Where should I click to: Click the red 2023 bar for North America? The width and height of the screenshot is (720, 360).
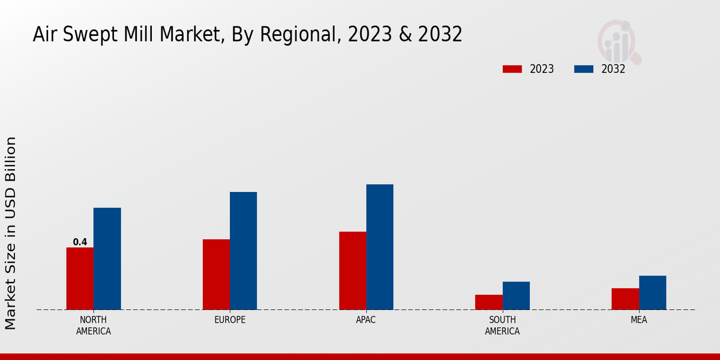click(80, 278)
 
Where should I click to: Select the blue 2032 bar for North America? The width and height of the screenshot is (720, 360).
click(107, 259)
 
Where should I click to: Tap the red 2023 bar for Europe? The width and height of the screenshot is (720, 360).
click(216, 274)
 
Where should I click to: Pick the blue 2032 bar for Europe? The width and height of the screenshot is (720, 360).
click(243, 251)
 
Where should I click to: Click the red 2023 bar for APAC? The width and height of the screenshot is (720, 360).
click(352, 271)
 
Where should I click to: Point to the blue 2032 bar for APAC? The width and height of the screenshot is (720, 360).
click(380, 247)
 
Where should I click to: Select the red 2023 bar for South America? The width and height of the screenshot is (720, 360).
click(488, 302)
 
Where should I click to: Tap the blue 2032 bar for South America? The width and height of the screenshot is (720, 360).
click(516, 295)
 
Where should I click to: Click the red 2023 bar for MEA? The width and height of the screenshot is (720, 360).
click(625, 299)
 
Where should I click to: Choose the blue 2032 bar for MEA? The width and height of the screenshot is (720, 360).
click(652, 292)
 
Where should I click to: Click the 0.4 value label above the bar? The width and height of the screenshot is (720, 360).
click(80, 242)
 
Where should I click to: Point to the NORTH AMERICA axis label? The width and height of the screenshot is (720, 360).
click(93, 325)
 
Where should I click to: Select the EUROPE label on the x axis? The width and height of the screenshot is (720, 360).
click(230, 320)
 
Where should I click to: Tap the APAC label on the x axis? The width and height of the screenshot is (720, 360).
click(366, 320)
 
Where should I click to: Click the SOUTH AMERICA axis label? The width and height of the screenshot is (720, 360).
click(502, 325)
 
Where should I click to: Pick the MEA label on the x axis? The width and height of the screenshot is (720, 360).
click(638, 320)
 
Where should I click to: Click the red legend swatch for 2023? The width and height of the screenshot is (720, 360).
click(512, 69)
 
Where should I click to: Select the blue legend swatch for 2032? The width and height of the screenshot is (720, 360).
click(583, 69)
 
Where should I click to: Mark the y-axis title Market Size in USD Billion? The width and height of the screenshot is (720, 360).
click(11, 233)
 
